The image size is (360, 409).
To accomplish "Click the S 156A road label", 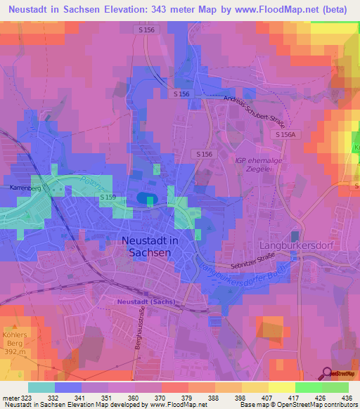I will tap(288, 134).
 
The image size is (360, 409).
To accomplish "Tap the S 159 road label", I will tap(108, 198).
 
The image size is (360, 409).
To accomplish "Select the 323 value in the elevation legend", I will tap(28, 398).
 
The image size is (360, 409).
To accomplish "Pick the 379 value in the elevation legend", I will tap(191, 398).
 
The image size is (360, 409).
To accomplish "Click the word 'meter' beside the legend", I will tap(10, 398).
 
